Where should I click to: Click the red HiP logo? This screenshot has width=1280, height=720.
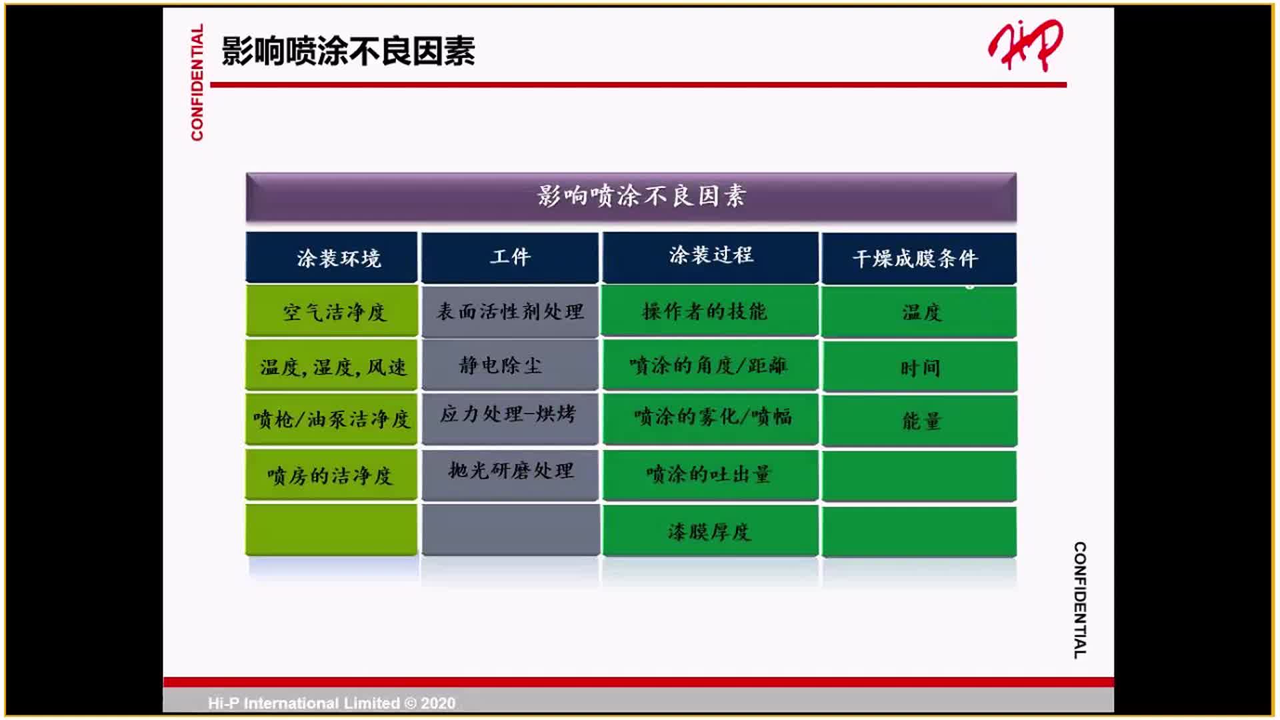[x=1025, y=45]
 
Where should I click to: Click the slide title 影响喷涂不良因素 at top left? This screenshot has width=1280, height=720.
[x=348, y=51]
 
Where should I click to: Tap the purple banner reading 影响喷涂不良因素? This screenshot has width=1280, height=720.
[x=631, y=197]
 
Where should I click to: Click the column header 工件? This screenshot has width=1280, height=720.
[x=510, y=257]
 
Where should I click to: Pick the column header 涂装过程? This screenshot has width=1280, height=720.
[x=710, y=256]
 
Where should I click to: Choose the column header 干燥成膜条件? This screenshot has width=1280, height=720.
[x=919, y=259]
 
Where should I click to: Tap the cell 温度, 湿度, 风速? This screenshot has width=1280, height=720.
[x=332, y=366]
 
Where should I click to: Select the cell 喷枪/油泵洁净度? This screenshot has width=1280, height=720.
[x=332, y=419]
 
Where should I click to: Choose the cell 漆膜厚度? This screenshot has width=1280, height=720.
[x=710, y=531]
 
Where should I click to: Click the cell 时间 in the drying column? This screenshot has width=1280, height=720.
[x=919, y=367]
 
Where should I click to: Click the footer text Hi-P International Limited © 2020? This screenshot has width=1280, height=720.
[x=331, y=703]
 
